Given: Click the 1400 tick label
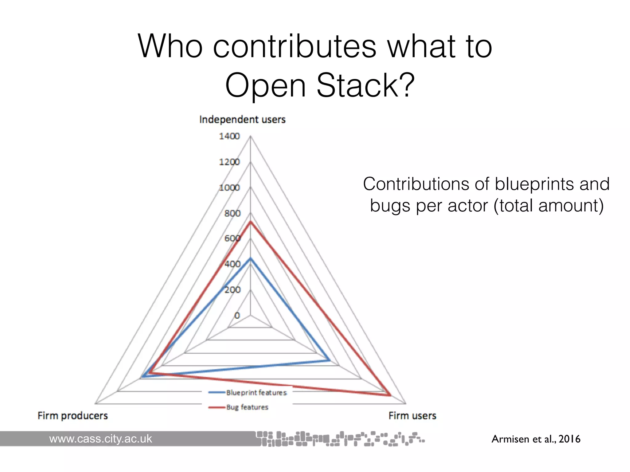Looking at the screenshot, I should [x=229, y=136].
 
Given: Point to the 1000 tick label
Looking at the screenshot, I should [x=229, y=187].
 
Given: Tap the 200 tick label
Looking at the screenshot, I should [x=232, y=289].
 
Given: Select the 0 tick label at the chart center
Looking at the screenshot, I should [x=237, y=315].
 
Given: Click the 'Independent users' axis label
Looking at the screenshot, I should [x=242, y=119].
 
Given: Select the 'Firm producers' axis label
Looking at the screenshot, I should [x=73, y=415].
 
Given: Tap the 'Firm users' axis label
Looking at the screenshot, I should [x=412, y=415].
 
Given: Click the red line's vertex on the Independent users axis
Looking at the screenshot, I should [x=250, y=222].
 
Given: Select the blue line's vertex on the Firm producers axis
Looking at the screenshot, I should [x=142, y=377].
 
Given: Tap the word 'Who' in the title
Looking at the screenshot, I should [x=170, y=46].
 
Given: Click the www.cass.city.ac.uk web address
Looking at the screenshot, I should [x=101, y=439].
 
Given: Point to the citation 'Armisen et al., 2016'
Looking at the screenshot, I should [x=536, y=439].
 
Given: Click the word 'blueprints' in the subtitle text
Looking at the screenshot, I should [x=534, y=184].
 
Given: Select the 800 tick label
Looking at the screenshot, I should [x=232, y=213].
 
